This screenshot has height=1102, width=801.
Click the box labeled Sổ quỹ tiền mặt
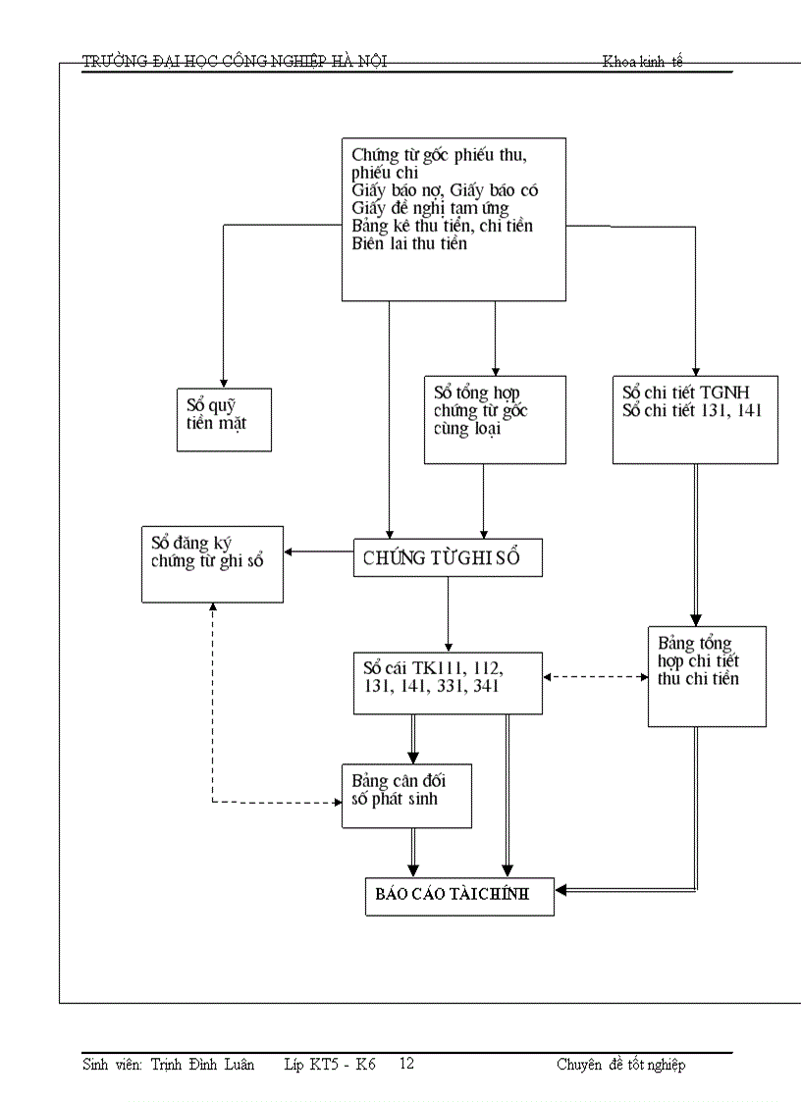[224, 418]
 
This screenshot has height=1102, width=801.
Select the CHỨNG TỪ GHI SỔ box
[448, 557]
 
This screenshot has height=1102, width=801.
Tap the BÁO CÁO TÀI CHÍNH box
[459, 895]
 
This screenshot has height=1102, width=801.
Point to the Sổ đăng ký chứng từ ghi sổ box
[212, 563]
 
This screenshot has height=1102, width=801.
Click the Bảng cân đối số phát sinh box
[406, 795]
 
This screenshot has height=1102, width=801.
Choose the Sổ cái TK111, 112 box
[448, 682]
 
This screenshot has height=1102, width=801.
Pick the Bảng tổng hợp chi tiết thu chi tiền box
[707, 676]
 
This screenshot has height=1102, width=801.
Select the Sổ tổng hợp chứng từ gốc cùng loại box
[495, 419]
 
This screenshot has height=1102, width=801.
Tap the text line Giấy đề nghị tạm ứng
[429, 208]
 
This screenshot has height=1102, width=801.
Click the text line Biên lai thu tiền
[409, 244]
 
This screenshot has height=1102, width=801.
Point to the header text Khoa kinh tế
[642, 62]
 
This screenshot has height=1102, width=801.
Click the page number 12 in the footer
[406, 1064]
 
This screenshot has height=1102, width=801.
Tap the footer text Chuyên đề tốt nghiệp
[620, 1065]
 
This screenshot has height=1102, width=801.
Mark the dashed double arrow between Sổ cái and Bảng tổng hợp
[595, 676]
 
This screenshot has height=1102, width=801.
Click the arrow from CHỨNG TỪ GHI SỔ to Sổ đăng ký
[318, 551]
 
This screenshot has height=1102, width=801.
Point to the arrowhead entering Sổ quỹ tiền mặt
[224, 383]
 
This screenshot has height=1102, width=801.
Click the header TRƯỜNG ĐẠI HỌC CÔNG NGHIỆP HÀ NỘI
[235, 62]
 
